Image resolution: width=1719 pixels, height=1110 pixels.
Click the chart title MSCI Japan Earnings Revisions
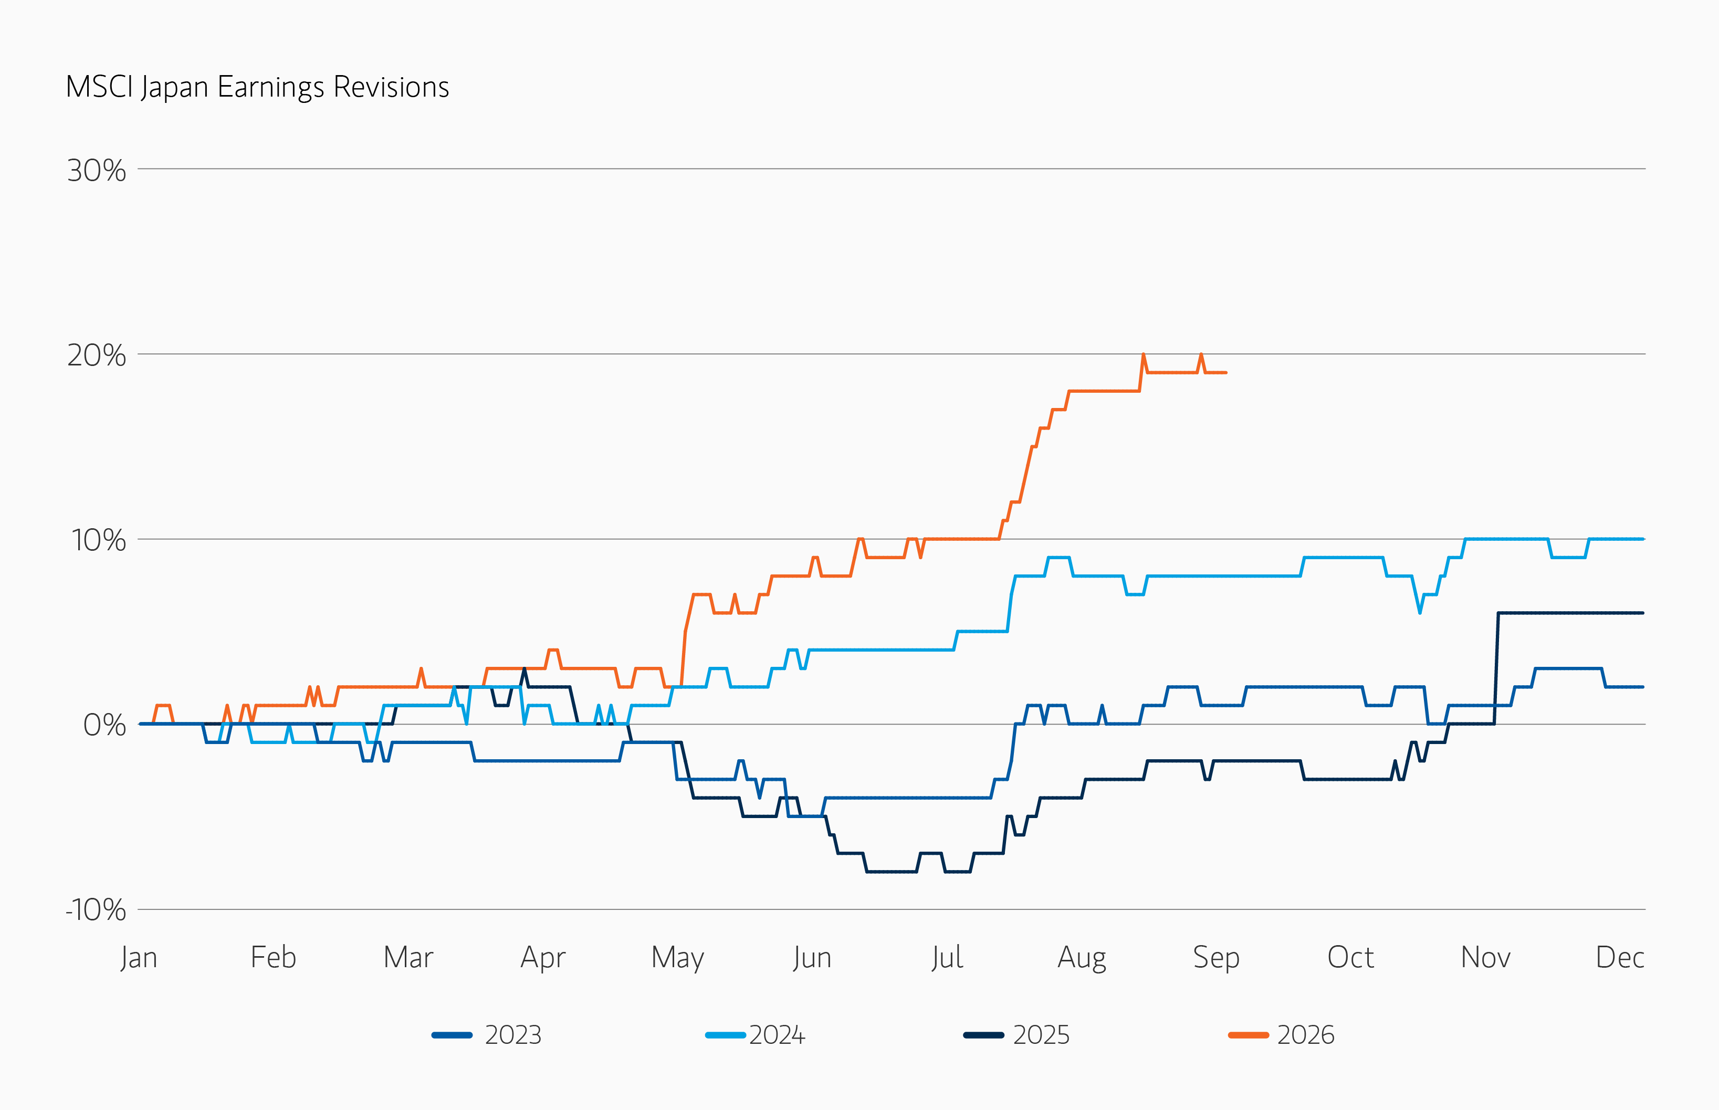pos(257,88)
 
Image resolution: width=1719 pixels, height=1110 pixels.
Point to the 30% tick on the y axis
pos(97,171)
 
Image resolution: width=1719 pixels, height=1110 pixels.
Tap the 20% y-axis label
pos(97,355)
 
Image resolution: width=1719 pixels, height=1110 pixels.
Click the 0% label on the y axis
pos(104,725)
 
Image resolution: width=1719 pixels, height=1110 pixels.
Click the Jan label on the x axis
pos(139,958)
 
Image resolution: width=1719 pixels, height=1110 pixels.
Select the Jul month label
pos(947,958)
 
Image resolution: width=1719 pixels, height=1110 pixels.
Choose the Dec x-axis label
pos(1620,958)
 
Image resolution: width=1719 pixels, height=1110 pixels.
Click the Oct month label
pos(1351,958)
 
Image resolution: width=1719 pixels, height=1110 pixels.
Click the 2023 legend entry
pos(487,1035)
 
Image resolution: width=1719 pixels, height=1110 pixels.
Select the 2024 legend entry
pos(756,1035)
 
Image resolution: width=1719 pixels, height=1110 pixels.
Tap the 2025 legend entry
pos(1016,1035)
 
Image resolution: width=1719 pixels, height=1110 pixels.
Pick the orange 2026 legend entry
pos(1282,1035)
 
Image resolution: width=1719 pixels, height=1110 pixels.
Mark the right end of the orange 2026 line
pos(1226,373)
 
